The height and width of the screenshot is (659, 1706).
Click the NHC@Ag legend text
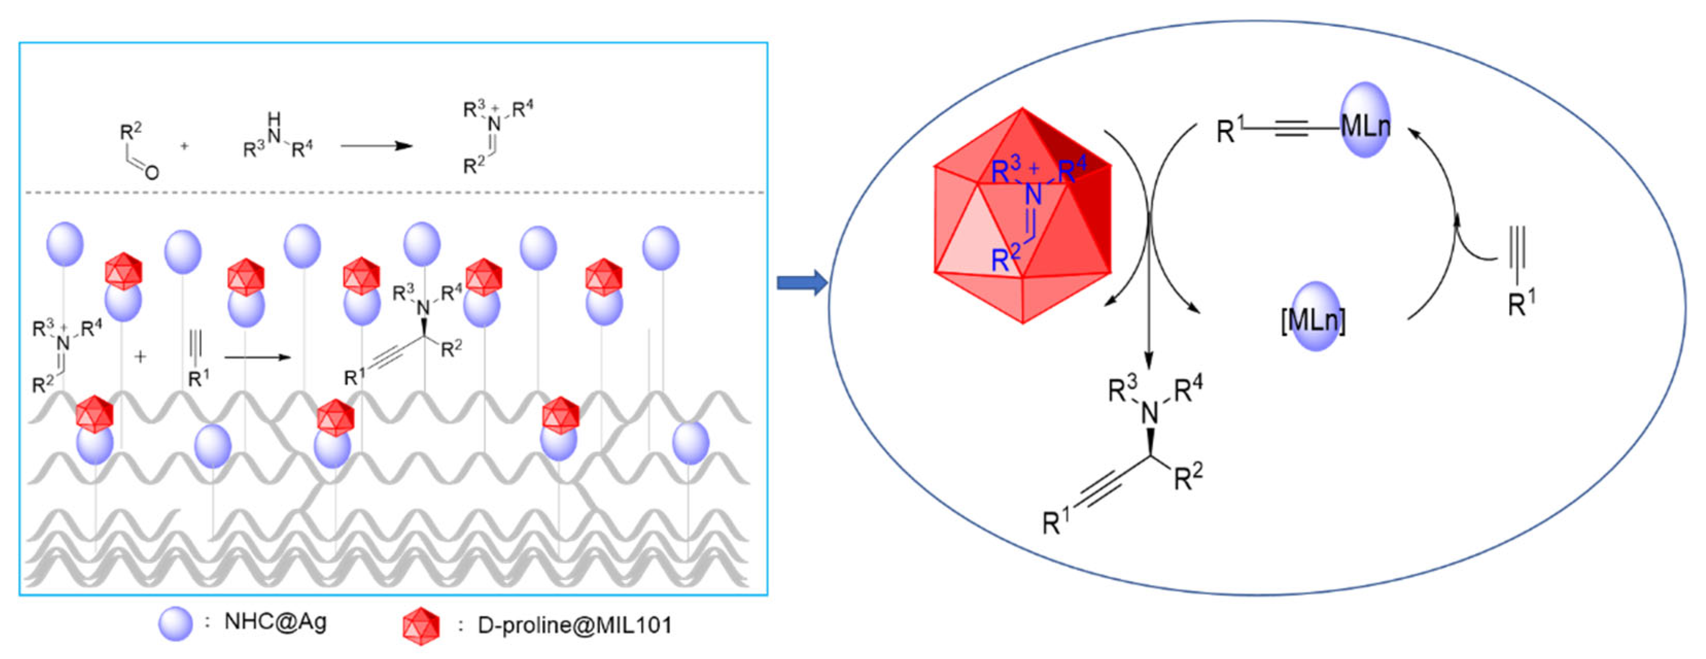275,622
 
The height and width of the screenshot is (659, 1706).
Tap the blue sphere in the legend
176,623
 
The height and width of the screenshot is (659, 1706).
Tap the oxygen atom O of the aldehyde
152,173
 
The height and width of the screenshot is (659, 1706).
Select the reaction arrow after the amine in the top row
376,146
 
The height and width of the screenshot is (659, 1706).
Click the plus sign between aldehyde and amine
185,146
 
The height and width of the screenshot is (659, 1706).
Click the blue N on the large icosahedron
1033,194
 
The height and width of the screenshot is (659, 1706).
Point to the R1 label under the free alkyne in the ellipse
1521,303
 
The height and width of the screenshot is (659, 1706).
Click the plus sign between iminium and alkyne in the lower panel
140,357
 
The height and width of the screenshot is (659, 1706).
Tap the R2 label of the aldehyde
130,130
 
